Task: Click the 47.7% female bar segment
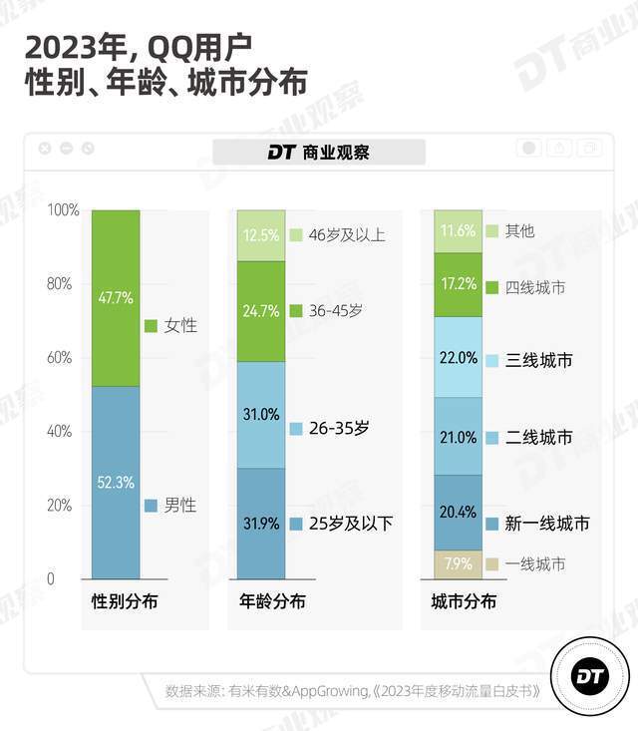coord(115,298)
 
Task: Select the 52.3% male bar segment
coord(115,482)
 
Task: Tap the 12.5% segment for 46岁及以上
coord(261,235)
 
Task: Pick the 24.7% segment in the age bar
coord(261,310)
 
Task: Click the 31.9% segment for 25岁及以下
coord(261,524)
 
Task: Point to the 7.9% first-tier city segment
coord(458,564)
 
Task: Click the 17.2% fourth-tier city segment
coord(458,284)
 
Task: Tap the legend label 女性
coord(179,326)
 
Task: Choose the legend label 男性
coord(179,506)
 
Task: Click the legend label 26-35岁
coord(339,428)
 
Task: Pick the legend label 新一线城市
coord(546,524)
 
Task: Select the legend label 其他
coord(519,230)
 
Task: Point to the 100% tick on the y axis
coord(63,210)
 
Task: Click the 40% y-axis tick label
coord(60,432)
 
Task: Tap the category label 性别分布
coord(125,602)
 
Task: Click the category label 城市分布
coord(464,602)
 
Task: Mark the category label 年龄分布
coord(272,602)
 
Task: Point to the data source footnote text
coord(354,691)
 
